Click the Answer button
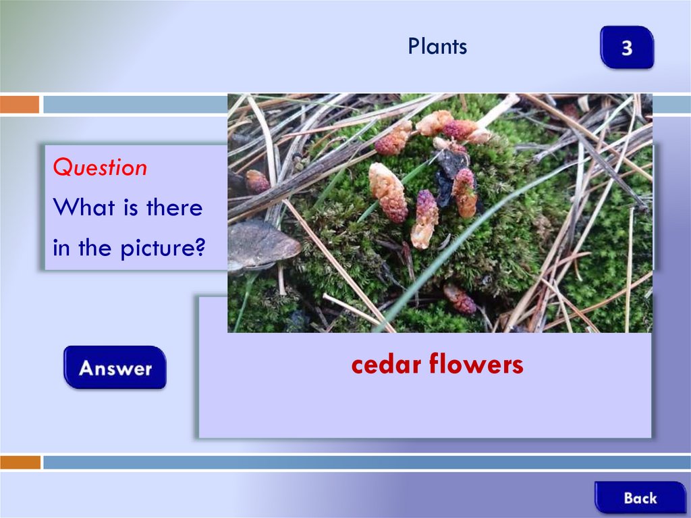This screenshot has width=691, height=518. (115, 367)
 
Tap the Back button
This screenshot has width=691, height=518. (640, 497)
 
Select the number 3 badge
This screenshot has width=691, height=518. (627, 47)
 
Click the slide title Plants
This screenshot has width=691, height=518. (437, 46)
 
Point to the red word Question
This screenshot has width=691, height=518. (100, 167)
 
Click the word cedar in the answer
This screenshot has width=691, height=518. (387, 365)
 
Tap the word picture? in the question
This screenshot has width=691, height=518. (163, 248)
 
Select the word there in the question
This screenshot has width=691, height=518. (175, 207)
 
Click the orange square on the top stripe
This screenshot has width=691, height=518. (20, 105)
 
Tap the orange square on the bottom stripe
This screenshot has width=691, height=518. (20, 462)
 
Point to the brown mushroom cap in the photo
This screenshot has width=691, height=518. (264, 245)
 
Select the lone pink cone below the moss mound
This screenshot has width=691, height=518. (460, 299)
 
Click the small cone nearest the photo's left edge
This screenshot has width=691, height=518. (257, 182)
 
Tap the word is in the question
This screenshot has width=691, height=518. (130, 207)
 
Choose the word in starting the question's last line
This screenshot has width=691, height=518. (61, 248)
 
